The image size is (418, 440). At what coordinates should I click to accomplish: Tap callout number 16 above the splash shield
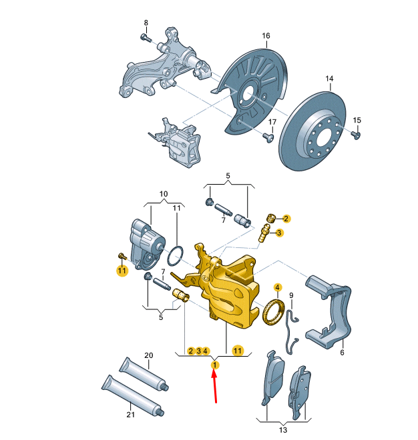coord(266,36)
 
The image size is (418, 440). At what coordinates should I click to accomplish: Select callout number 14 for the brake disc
coord(329,79)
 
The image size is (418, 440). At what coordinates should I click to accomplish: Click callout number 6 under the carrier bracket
coord(342,353)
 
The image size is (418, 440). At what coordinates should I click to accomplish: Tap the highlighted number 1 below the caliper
coord(214,365)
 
